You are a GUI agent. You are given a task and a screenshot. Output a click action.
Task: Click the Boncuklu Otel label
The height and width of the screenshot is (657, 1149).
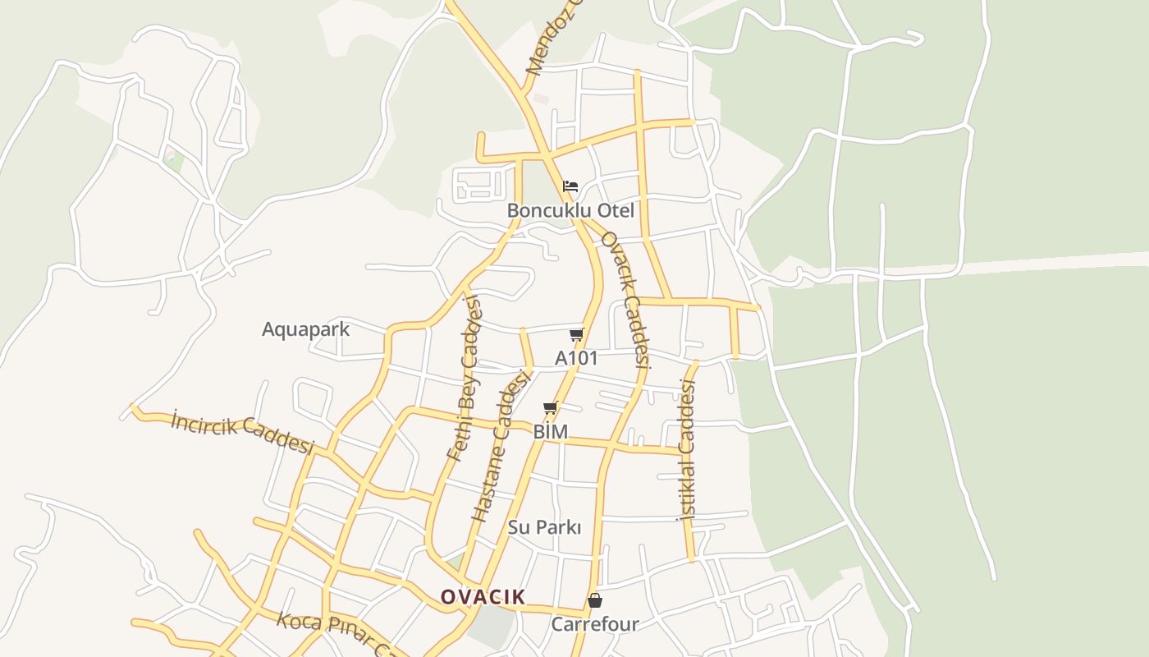570,210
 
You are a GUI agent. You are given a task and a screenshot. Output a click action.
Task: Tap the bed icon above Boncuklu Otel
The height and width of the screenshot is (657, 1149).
570,186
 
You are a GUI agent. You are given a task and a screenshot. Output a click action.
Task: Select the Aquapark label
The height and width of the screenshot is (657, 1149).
305,329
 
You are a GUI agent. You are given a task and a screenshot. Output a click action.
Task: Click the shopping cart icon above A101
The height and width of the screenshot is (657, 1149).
577,334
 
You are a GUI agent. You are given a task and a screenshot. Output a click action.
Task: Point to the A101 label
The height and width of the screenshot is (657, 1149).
576,358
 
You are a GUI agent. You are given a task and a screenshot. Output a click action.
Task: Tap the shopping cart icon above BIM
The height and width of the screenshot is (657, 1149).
551,407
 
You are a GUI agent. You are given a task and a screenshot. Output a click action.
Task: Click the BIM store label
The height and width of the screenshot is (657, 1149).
551,431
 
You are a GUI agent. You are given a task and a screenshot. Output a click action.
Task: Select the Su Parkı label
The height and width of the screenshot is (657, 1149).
544,527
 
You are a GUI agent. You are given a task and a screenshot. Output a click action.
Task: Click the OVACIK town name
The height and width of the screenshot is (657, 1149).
483,597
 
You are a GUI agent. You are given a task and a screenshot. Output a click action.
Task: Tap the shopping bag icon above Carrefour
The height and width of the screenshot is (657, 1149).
595,600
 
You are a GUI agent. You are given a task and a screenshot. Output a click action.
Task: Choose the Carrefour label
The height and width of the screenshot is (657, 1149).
594,624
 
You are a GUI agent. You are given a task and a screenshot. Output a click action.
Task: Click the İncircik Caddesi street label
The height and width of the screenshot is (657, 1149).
243,432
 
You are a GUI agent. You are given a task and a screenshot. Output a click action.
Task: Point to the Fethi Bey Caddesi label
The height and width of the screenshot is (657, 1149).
464,378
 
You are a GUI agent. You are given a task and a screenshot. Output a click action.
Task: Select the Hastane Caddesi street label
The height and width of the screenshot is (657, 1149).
501,448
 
